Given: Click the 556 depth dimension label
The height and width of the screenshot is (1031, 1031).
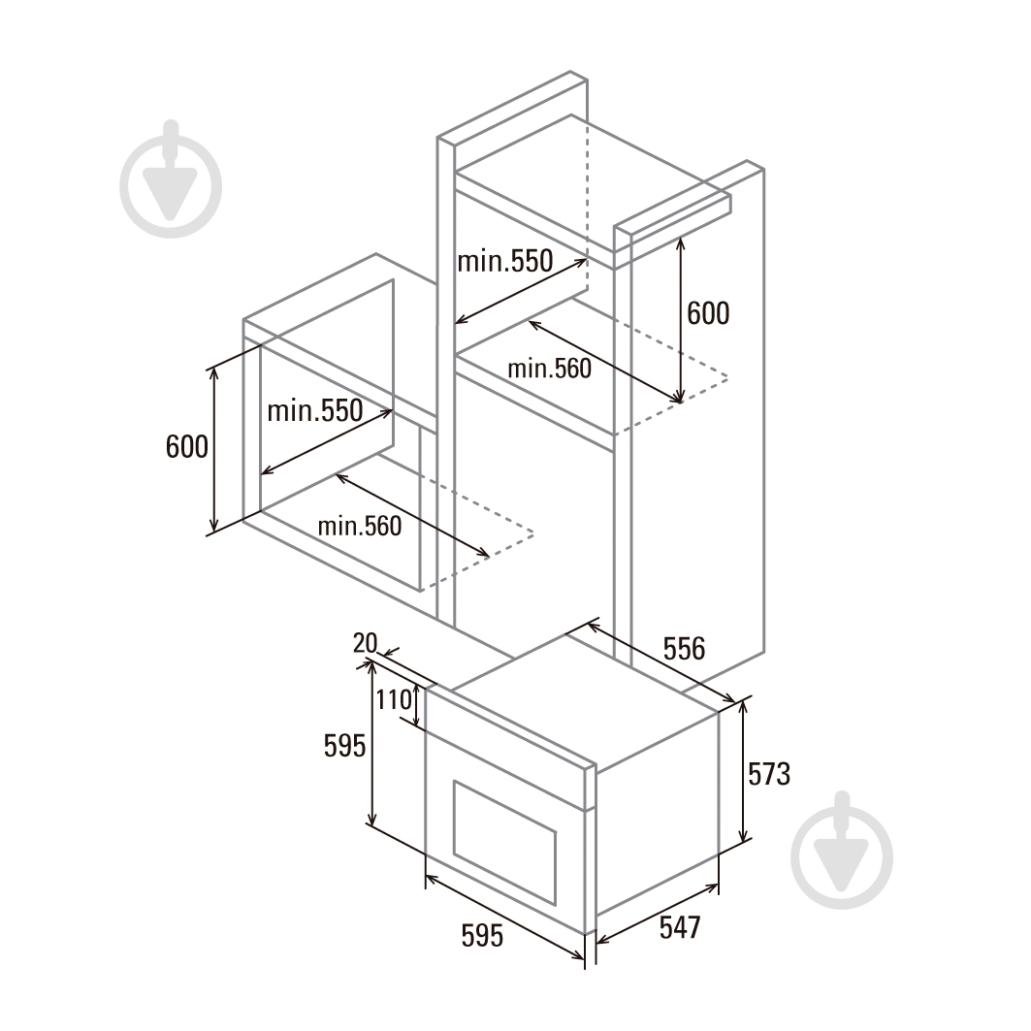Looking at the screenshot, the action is [x=684, y=648].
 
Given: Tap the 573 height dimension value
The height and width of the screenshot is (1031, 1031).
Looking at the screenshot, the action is [x=769, y=774].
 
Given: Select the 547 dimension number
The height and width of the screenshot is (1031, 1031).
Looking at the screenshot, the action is [x=680, y=928].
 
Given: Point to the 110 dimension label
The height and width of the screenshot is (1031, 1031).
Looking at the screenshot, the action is [x=393, y=699].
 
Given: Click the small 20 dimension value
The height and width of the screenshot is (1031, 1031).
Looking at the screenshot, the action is [x=365, y=643].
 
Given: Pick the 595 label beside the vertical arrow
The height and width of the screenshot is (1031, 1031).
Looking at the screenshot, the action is [x=344, y=746].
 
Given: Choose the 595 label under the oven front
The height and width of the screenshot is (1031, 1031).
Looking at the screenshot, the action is [x=482, y=936].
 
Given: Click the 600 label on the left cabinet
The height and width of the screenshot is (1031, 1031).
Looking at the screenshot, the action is [x=187, y=447].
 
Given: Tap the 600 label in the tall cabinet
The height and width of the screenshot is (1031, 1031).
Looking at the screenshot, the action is [x=708, y=313].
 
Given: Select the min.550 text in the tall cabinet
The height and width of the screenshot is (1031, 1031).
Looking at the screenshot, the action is [x=505, y=261].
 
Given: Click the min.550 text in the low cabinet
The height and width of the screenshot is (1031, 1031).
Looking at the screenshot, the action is [x=315, y=411].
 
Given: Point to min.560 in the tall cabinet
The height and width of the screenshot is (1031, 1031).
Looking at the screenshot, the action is [x=550, y=369].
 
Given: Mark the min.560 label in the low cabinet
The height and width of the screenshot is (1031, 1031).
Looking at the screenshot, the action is [x=360, y=526].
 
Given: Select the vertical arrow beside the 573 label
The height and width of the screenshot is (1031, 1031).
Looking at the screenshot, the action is [x=744, y=771].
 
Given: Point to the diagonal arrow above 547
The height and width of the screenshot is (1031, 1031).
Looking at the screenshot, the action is [x=657, y=914].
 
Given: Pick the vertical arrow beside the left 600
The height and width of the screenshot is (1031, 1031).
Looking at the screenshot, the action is [x=213, y=450].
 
